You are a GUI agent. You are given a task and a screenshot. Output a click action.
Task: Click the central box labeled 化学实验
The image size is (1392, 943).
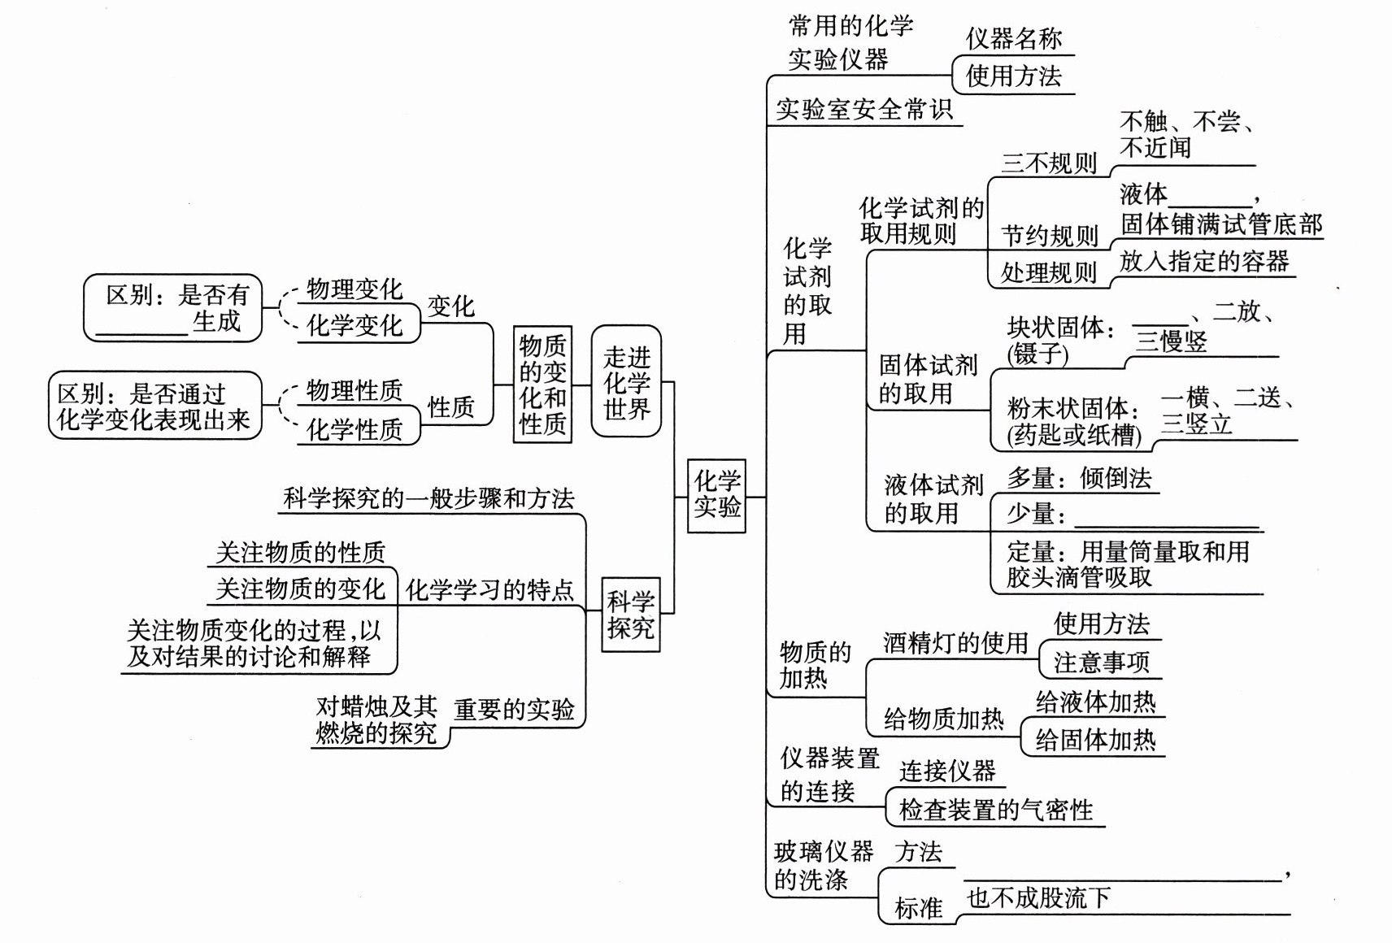coord(716,495)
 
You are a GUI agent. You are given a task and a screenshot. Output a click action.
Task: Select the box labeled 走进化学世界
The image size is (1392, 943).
coord(626,382)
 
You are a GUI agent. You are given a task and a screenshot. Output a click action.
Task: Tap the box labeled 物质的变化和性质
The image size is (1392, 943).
coord(542,385)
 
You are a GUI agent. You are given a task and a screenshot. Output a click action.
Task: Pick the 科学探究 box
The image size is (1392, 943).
coord(630,615)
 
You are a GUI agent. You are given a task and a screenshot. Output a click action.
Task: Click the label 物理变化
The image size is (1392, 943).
coord(355,289)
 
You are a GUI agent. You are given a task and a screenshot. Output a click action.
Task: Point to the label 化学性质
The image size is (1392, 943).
coord(355,428)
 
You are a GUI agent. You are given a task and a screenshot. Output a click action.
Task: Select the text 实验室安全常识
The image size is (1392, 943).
coord(863,109)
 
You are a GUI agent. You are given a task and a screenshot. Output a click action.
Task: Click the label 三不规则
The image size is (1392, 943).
coord(1049,163)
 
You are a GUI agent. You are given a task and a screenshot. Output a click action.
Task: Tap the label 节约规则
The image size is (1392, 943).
coord(1049,236)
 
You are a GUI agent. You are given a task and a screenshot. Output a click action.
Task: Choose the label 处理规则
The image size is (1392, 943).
coord(1049,272)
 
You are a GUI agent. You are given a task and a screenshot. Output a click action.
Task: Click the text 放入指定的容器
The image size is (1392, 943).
coord(1204,261)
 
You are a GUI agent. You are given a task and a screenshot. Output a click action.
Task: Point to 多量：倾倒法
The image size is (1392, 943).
coord(1079,478)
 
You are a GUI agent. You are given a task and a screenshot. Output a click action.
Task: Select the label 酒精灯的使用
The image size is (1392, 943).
coord(955,643)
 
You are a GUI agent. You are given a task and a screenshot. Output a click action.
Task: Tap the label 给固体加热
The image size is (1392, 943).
coord(1094,740)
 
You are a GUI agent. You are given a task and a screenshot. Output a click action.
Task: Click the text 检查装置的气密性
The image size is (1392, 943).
coord(996,810)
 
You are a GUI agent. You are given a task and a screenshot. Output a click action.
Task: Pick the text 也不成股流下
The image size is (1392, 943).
coord(1038,897)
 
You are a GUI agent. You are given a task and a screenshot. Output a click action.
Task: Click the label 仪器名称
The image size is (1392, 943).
coord(1014,38)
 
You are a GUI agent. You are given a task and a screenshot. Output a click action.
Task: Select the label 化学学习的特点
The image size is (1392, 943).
coord(489,589)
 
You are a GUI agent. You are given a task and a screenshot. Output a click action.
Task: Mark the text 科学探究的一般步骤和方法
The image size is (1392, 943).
coord(428,498)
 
